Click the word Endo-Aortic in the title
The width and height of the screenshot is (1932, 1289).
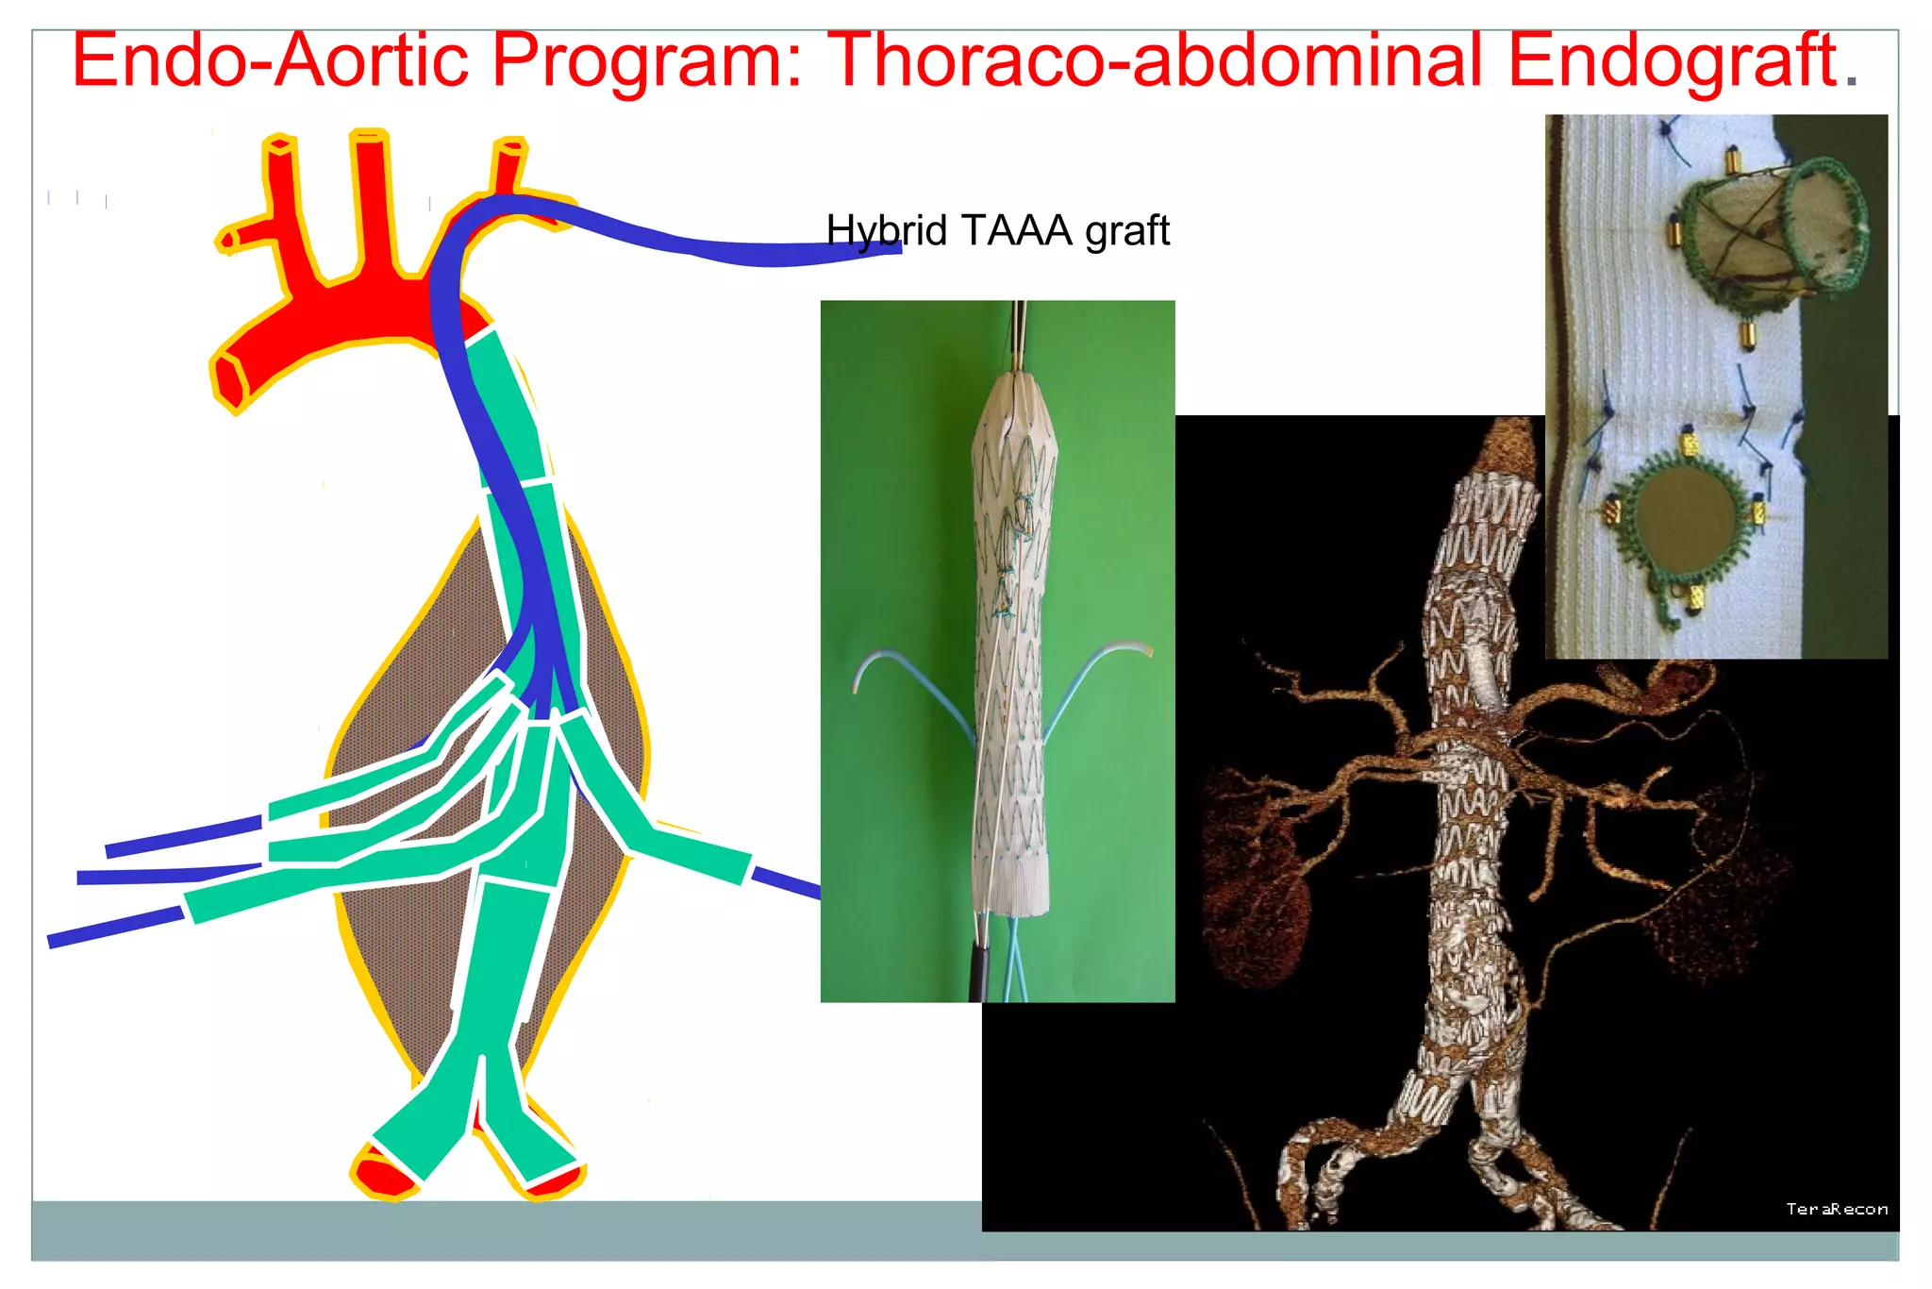click(x=270, y=60)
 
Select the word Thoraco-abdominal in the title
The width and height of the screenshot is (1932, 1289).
click(x=1159, y=60)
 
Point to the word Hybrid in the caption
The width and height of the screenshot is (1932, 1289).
click(x=886, y=230)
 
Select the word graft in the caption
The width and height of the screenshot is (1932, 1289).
click(x=1127, y=230)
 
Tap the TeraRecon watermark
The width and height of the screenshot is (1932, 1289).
click(x=1836, y=1209)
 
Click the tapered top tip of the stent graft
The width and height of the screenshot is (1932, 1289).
click(x=1016, y=387)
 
